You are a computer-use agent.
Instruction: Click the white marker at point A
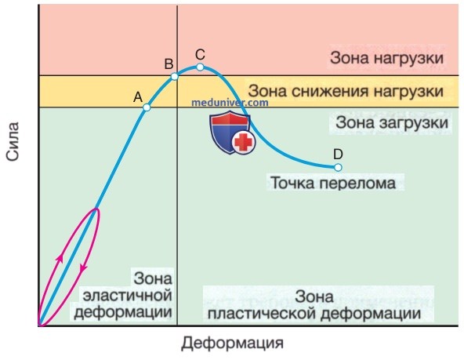point(147,107)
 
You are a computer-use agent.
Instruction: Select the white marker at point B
point(175,77)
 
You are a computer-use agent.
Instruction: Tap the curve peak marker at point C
point(200,67)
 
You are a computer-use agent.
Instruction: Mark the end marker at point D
point(338,168)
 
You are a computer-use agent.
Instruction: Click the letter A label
point(138,96)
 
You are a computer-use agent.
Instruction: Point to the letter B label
point(169,64)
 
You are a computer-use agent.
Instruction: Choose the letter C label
point(200,54)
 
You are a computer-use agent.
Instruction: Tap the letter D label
point(338,155)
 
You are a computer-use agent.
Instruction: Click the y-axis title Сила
point(13,141)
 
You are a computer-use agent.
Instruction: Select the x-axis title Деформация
point(232,343)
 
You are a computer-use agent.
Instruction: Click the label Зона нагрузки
point(386,58)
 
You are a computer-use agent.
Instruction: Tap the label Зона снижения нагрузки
point(346,91)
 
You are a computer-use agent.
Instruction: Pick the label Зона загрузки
point(392,122)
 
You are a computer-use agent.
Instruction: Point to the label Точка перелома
point(333,183)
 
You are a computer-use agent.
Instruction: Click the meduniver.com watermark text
point(230,103)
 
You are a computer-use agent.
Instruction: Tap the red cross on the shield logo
point(244,142)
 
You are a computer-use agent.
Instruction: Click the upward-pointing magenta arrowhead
point(60,258)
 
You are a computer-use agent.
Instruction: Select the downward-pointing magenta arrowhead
point(83,267)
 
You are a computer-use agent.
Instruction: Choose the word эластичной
point(128,296)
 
